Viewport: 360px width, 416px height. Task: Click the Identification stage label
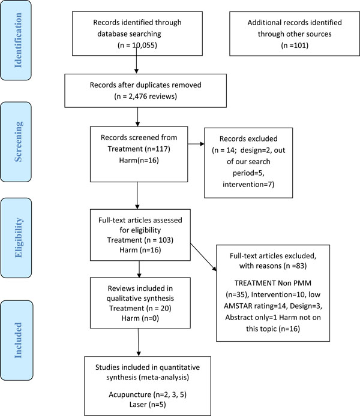tap(18, 40)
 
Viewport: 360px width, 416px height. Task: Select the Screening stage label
tap(18, 141)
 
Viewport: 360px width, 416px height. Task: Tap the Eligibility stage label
tap(18, 238)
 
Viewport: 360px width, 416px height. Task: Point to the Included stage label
tap(17, 340)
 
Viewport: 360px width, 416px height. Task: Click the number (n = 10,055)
tap(137, 45)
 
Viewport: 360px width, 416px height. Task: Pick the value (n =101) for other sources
tap(295, 46)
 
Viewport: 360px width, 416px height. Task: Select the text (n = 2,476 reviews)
tap(145, 96)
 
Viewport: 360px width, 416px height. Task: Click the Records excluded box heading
tap(248, 138)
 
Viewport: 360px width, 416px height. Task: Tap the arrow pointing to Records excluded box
tap(196, 144)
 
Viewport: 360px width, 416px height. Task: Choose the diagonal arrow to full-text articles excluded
tap(203, 257)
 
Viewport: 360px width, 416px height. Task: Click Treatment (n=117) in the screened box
tap(139, 149)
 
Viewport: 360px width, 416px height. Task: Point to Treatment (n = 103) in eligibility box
tap(140, 240)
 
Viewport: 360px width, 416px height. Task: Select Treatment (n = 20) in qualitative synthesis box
tap(140, 308)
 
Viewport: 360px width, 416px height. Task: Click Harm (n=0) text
tap(140, 318)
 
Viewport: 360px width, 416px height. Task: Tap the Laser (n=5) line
tap(148, 405)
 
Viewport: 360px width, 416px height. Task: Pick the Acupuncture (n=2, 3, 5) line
tap(148, 394)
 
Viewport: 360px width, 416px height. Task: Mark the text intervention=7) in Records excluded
tap(248, 184)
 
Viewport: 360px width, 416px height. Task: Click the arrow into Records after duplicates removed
tap(136, 59)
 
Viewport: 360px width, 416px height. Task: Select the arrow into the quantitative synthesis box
tap(139, 342)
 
